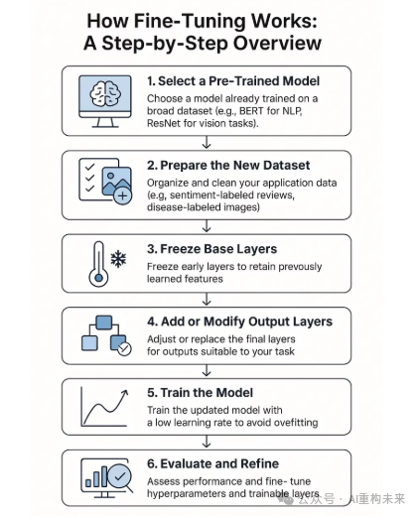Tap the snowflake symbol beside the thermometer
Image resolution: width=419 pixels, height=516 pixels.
tap(118, 259)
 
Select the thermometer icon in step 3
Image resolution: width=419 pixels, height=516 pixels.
tap(98, 264)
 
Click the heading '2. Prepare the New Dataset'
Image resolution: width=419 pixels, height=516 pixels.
tap(228, 165)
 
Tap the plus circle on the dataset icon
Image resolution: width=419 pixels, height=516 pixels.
tap(122, 195)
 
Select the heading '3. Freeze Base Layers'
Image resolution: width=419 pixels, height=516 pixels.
tap(211, 249)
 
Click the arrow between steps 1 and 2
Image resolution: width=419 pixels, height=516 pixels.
tap(207, 142)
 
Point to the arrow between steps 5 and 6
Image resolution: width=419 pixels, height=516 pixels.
tap(207, 442)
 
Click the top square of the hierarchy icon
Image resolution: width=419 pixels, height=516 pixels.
tap(103, 322)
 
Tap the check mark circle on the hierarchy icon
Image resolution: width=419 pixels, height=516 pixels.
tap(124, 348)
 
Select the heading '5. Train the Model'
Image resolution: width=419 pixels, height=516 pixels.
tap(200, 393)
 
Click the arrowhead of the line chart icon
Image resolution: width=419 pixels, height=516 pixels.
tap(124, 393)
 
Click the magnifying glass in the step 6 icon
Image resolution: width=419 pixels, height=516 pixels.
tap(120, 478)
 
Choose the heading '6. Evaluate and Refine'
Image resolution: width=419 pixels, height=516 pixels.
tap(212, 463)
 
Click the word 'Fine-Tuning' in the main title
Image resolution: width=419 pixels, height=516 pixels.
tap(190, 21)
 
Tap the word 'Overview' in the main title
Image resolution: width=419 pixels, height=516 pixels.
tap(277, 44)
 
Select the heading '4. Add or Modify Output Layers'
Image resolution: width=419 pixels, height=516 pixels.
tap(239, 322)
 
